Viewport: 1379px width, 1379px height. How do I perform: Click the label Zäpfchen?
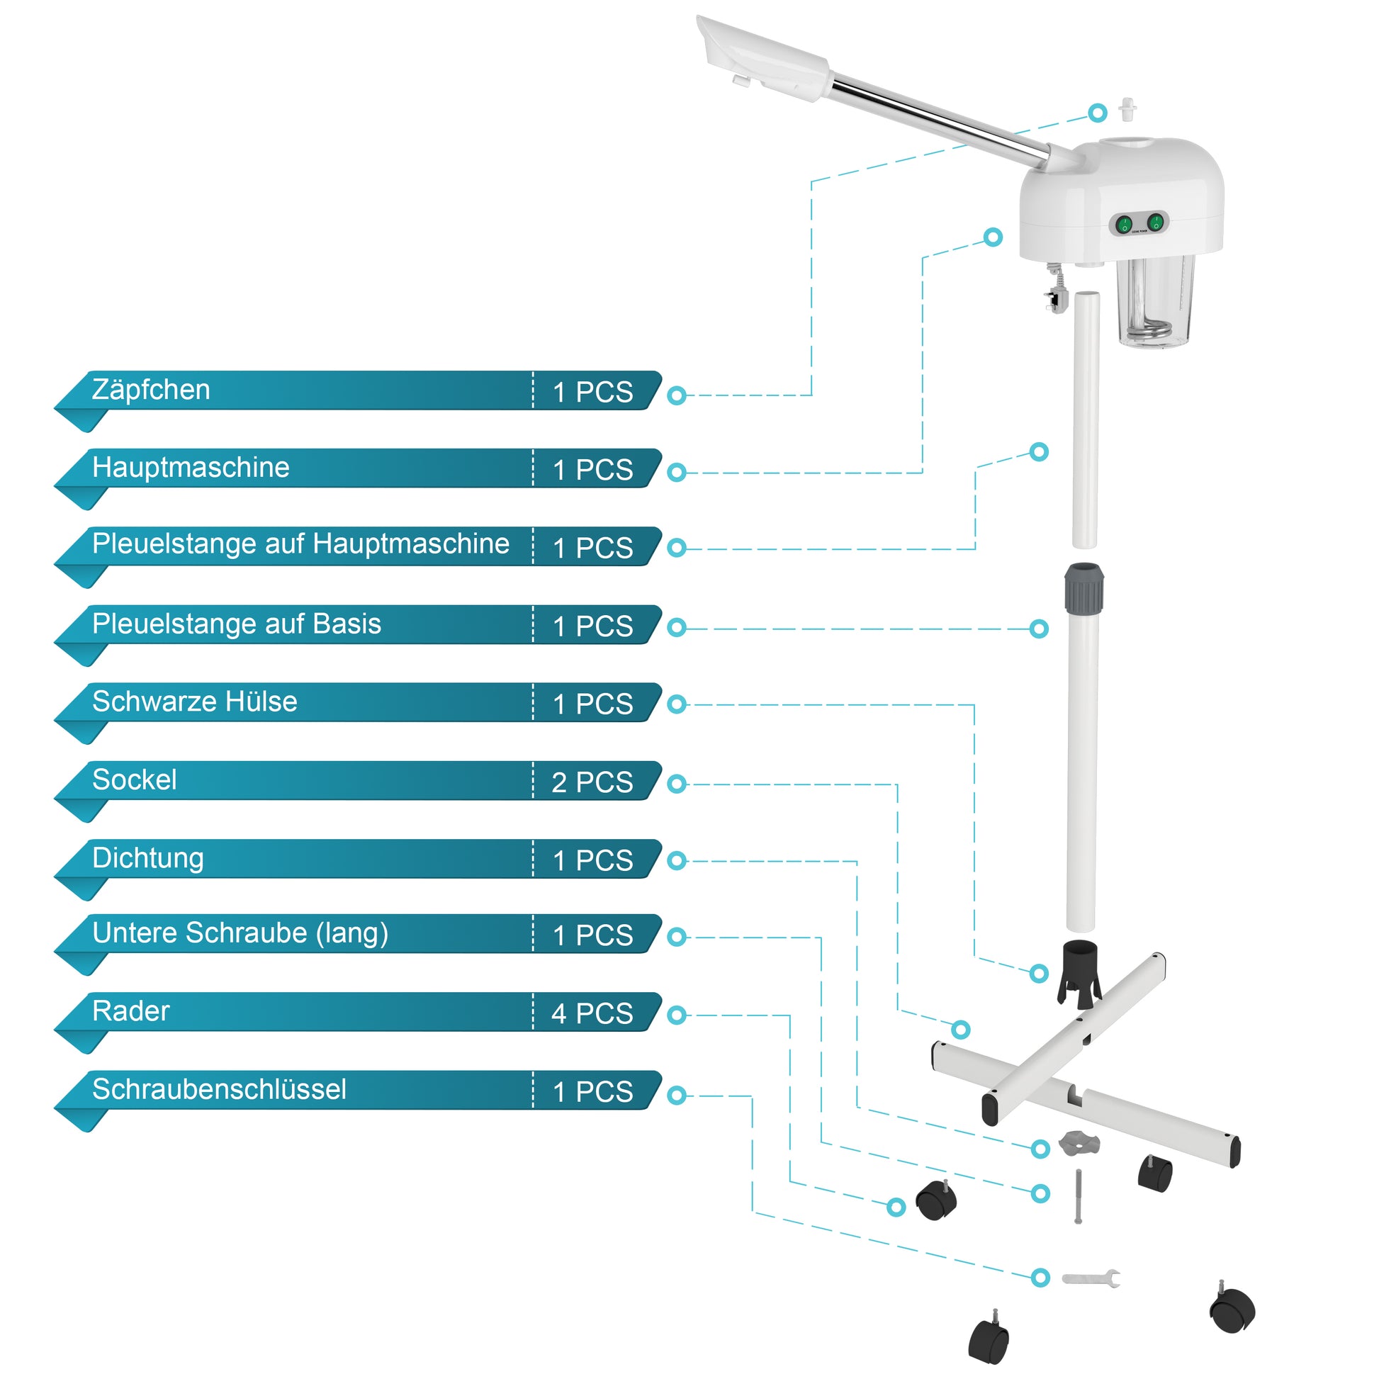click(x=151, y=390)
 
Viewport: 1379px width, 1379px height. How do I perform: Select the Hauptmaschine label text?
click(x=191, y=468)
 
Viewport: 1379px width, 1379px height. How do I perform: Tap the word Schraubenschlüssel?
click(x=219, y=1089)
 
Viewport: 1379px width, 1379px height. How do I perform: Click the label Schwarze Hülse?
click(x=194, y=702)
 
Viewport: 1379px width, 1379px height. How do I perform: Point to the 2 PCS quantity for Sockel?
click(x=592, y=782)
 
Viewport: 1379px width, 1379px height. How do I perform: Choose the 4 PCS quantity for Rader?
click(x=592, y=1013)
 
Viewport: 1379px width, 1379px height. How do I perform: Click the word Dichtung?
click(x=147, y=858)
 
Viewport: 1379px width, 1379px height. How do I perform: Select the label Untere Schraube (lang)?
click(x=240, y=933)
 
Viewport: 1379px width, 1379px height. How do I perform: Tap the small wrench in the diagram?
click(x=1091, y=1278)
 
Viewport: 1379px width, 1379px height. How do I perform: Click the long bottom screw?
click(x=1078, y=1196)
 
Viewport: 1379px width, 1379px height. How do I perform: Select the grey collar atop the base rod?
click(x=1084, y=588)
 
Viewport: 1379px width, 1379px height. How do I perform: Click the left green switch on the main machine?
click(x=1125, y=225)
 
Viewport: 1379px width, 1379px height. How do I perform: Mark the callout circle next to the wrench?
click(x=1041, y=1278)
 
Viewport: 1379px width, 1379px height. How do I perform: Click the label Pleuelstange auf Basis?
click(x=236, y=624)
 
